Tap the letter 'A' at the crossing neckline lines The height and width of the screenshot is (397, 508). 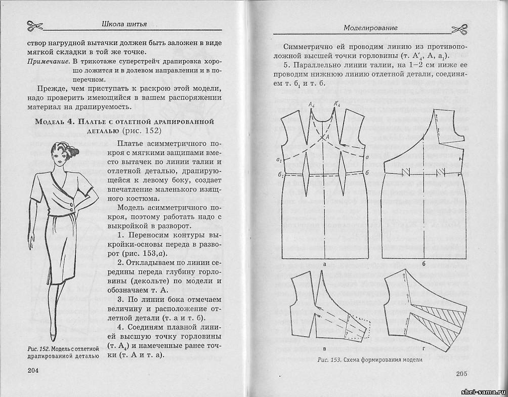click(x=328, y=136)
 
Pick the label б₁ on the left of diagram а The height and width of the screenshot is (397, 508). click(x=279, y=174)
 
